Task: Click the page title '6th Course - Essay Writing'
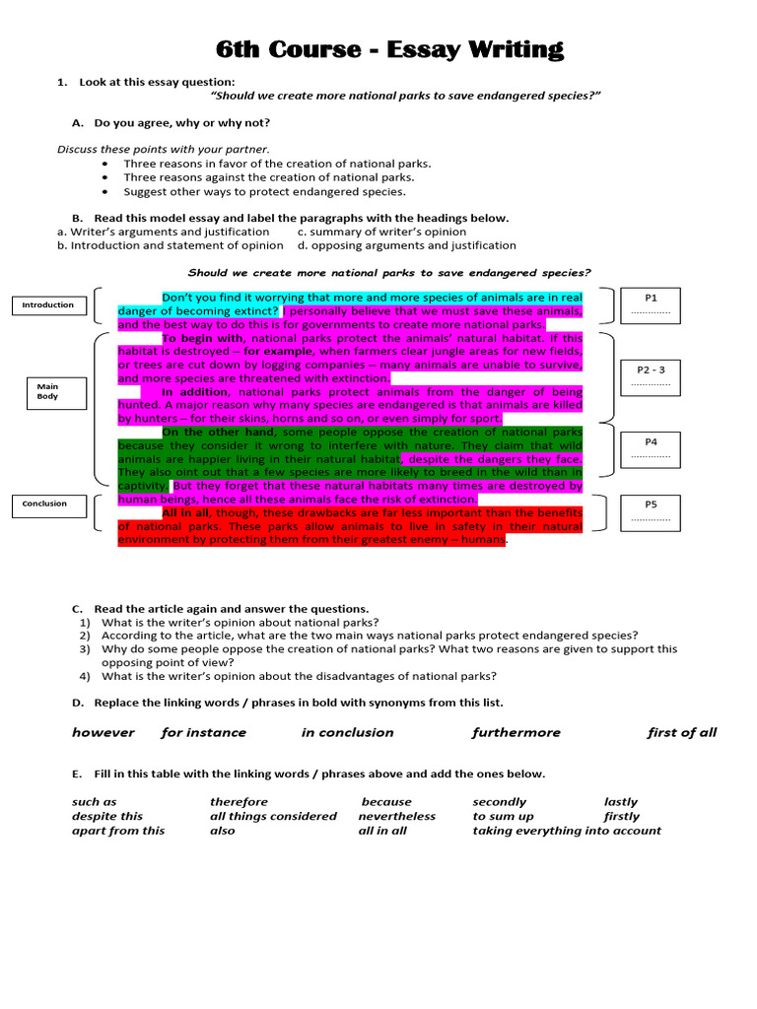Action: point(389,49)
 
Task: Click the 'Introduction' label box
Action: point(48,305)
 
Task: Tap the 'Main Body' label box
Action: point(48,391)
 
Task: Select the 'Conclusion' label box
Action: point(45,504)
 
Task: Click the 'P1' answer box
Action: point(650,303)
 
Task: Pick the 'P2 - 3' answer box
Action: point(650,374)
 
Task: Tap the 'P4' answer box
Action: point(650,448)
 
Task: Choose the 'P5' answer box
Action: point(650,509)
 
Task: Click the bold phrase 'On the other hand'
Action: point(220,432)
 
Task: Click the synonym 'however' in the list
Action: point(103,732)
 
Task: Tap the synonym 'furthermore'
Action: point(516,732)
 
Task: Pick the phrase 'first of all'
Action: point(681,732)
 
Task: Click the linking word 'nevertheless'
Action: point(396,816)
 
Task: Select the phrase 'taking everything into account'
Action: point(566,831)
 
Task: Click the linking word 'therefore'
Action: point(239,802)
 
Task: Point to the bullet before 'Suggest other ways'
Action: point(105,192)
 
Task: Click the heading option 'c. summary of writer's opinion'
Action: point(381,232)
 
